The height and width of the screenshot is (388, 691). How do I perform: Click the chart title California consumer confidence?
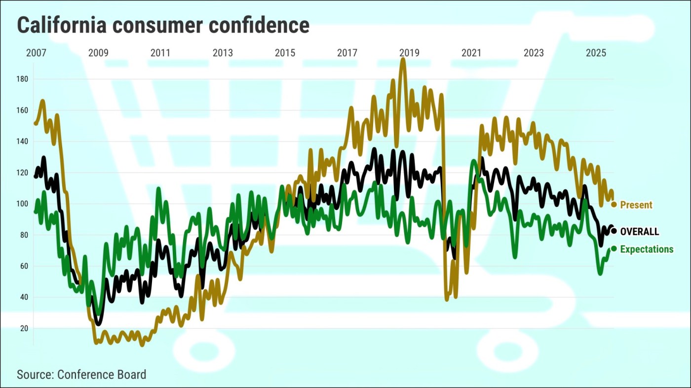(163, 25)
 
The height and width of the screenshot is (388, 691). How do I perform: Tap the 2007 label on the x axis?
(36, 53)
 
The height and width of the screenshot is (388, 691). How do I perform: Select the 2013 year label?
(223, 53)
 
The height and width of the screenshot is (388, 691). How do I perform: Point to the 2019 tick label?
(409, 53)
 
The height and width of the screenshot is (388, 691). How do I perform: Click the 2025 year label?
(596, 53)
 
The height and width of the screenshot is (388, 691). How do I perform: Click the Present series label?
(636, 205)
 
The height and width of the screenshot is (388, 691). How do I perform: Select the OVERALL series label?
(640, 232)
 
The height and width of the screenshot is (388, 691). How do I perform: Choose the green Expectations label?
(647, 249)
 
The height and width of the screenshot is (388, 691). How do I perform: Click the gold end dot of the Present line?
(614, 205)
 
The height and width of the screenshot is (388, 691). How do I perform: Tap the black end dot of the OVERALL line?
(614, 231)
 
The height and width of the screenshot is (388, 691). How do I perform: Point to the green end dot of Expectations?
(614, 248)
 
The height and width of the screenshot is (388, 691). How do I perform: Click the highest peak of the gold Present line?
(403, 60)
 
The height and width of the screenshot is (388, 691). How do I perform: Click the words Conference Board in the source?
(102, 374)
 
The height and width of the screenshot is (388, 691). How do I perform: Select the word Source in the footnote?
(35, 374)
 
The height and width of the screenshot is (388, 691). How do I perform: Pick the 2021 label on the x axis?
(471, 53)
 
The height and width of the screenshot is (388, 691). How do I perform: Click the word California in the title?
(62, 25)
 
